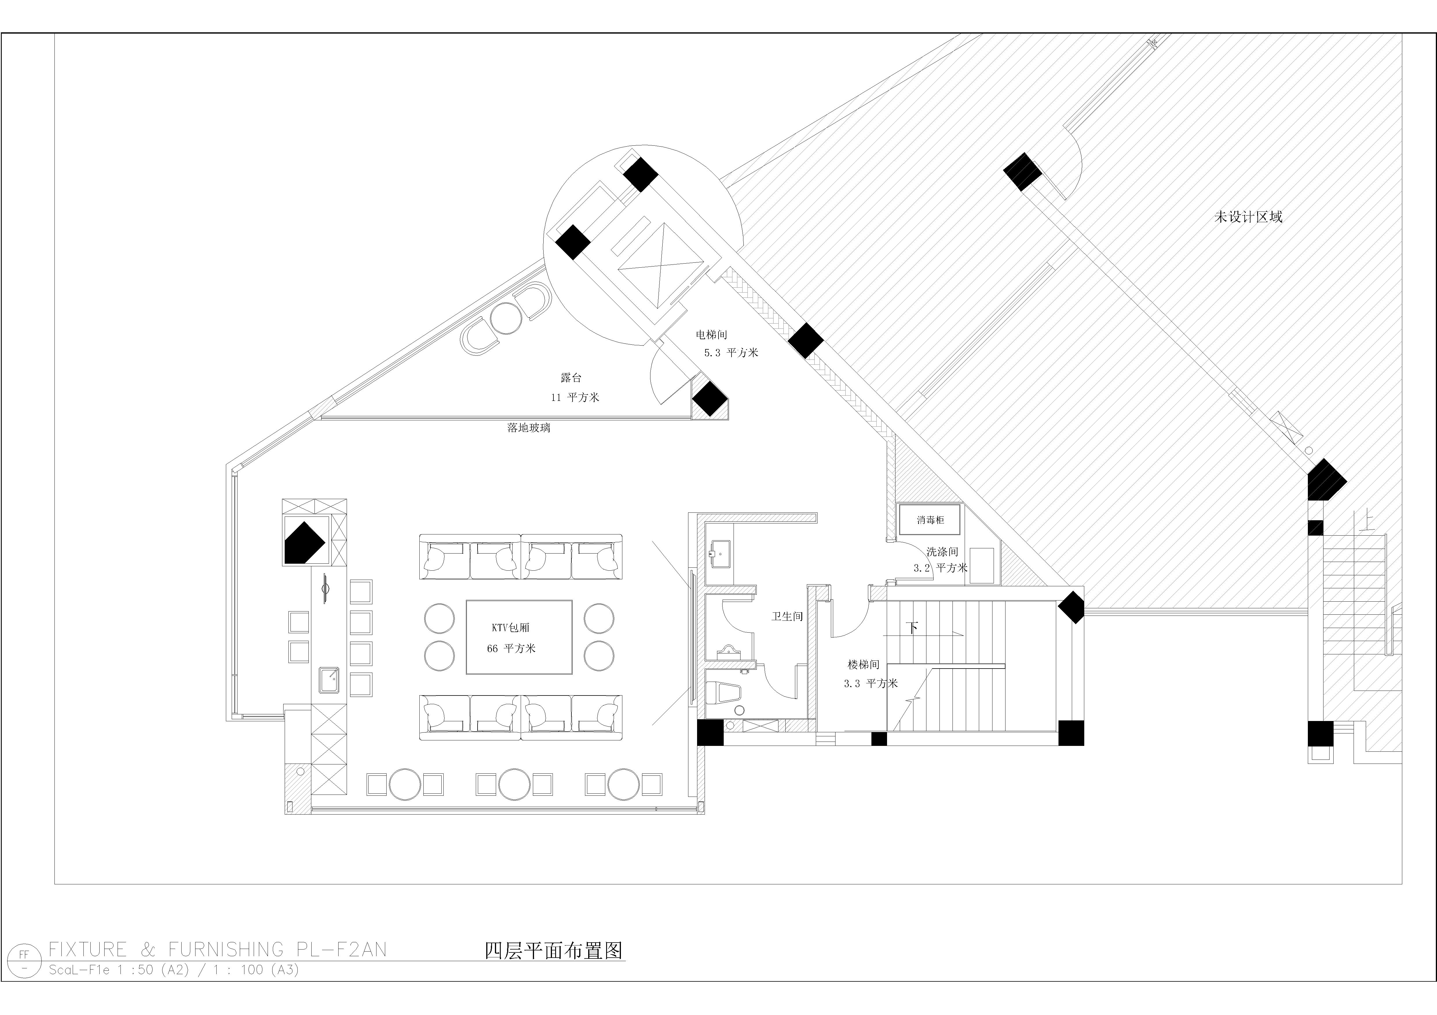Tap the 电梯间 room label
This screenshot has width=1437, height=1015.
(712, 335)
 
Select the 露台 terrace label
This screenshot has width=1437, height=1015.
(571, 377)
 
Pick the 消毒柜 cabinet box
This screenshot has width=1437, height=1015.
(930, 520)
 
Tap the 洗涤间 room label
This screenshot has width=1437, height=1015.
(942, 552)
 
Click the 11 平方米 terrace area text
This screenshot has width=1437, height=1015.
(575, 398)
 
